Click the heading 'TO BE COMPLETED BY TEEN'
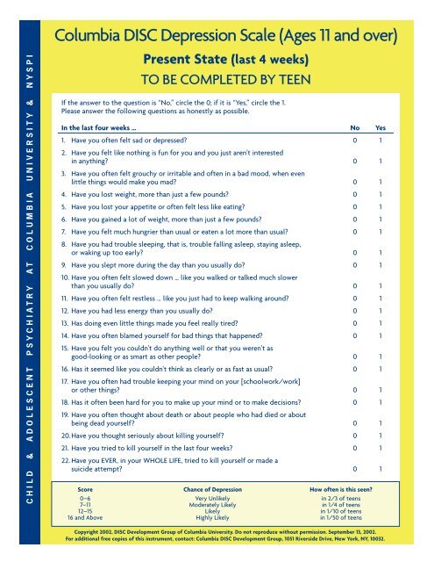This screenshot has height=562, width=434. (232, 77)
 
